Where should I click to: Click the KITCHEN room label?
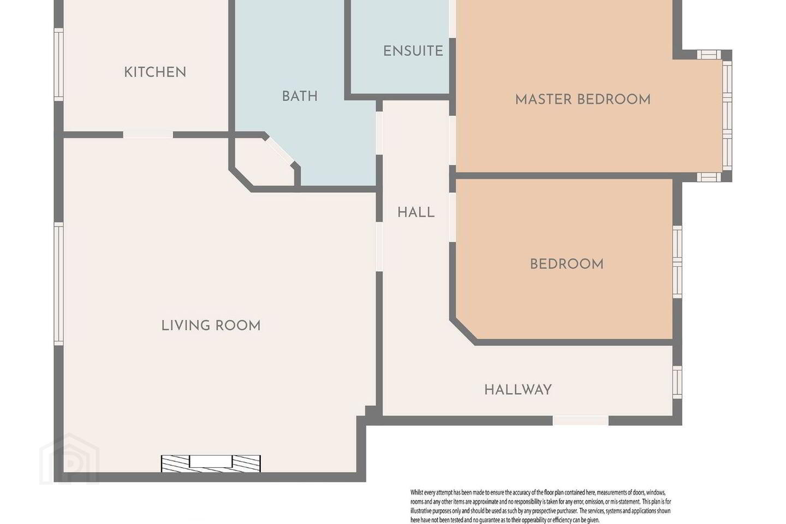click(155, 72)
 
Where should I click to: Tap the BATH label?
click(300, 96)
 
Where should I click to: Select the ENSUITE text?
click(413, 51)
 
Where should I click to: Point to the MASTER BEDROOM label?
click(583, 100)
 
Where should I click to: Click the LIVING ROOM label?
click(211, 326)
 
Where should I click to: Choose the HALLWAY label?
click(518, 390)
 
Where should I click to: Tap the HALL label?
click(416, 212)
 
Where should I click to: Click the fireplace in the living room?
click(211, 463)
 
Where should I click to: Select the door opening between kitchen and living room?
click(148, 135)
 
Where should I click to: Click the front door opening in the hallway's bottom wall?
click(581, 420)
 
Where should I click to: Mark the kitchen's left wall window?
click(58, 64)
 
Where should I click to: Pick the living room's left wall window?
click(58, 284)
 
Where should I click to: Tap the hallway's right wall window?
click(677, 383)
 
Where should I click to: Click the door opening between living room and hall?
click(379, 247)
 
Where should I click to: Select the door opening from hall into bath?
click(379, 133)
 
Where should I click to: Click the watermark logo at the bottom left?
click(69, 459)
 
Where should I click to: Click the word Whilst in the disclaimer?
click(417, 493)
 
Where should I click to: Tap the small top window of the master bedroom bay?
click(709, 55)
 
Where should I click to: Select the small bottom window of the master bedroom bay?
click(709, 177)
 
